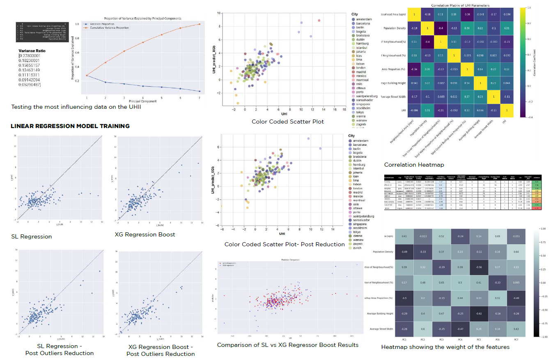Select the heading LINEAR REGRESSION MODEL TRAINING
[70, 126]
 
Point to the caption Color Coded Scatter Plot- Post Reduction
[285, 244]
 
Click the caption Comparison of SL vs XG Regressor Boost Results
[288, 345]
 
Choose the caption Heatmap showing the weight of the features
[445, 347]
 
